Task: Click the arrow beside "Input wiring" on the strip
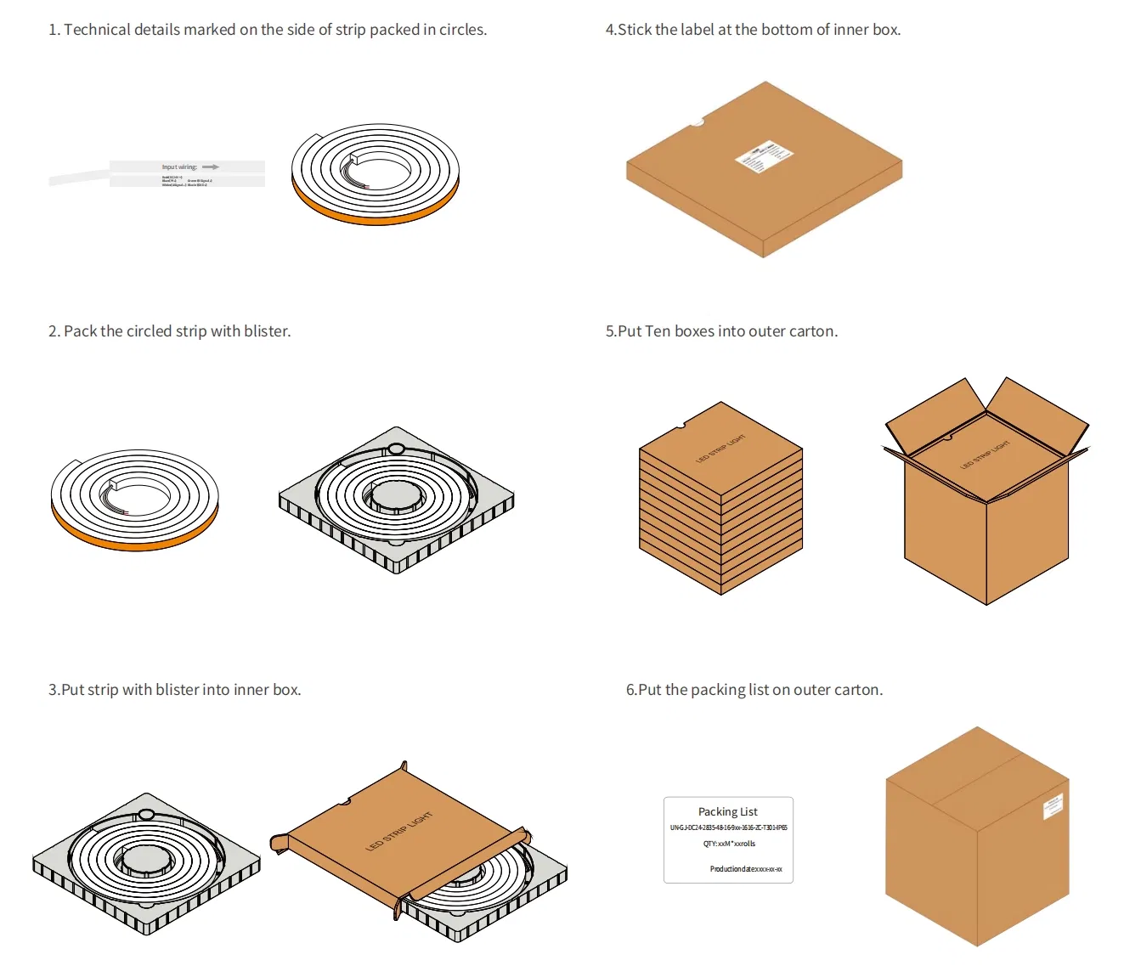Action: click(211, 167)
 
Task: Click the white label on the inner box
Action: click(763, 156)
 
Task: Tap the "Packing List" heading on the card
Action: click(727, 811)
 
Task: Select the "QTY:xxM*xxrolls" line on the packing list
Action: click(729, 844)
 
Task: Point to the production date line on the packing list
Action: click(745, 869)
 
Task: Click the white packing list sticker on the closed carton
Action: click(1053, 806)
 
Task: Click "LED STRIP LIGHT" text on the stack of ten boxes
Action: click(720, 449)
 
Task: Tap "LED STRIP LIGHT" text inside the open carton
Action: click(985, 455)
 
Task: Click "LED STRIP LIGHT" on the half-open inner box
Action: click(398, 832)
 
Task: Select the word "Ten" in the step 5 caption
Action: click(658, 331)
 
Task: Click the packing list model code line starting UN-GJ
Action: click(728, 827)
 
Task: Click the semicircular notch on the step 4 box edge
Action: click(697, 122)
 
